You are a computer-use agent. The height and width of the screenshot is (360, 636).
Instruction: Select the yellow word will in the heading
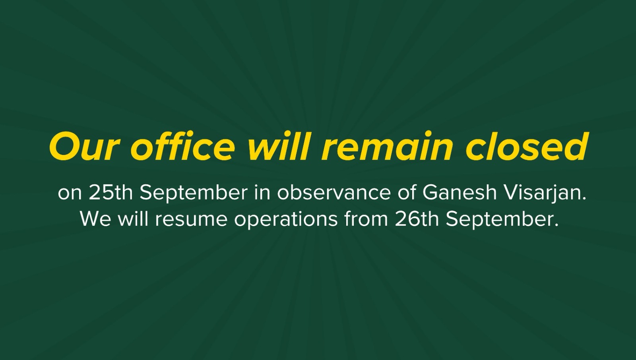pos(278,146)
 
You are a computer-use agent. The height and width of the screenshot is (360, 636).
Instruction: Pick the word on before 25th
pos(70,194)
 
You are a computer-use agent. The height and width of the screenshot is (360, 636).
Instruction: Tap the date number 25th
pos(111,193)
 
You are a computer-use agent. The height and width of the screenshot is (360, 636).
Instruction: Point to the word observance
pos(334,193)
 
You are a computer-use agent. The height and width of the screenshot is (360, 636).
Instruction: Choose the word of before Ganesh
pos(407,193)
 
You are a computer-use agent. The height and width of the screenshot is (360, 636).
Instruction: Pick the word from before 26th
pos(366,219)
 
